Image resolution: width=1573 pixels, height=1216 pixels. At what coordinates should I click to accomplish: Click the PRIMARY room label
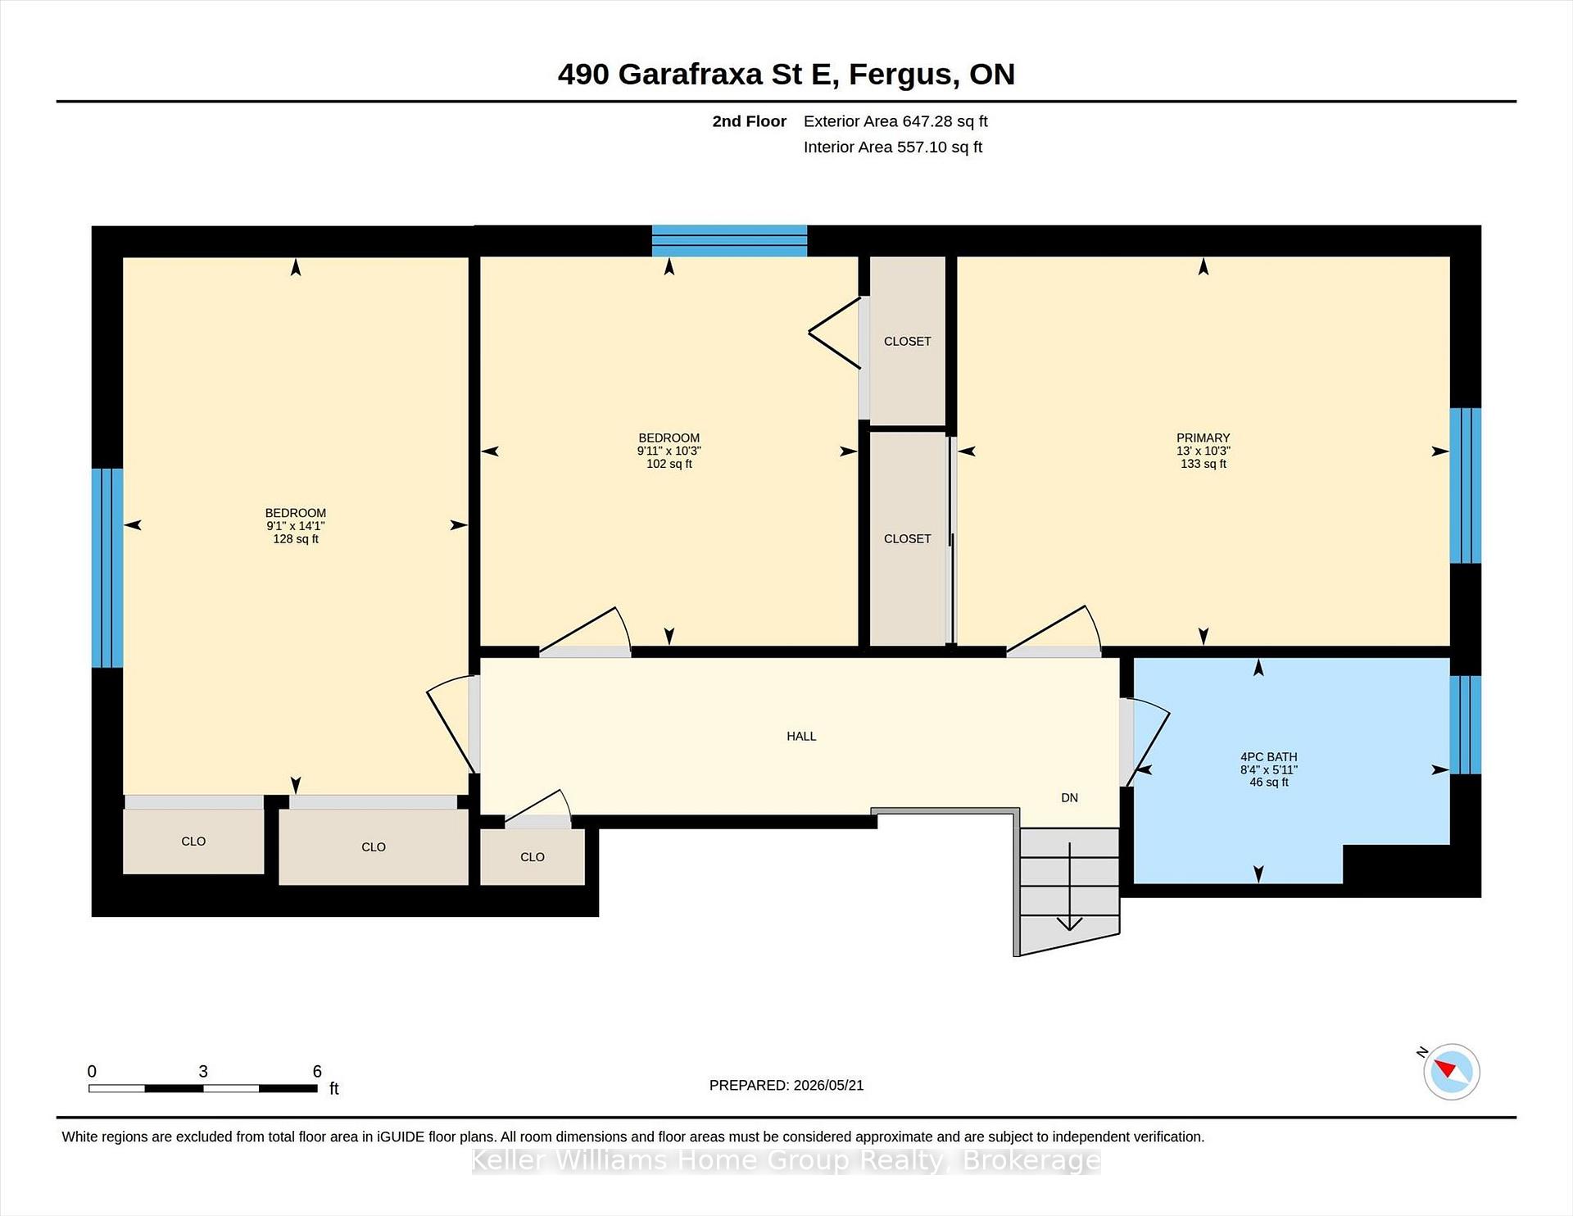(x=1203, y=438)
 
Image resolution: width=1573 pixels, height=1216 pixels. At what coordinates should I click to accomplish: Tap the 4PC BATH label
(x=1268, y=757)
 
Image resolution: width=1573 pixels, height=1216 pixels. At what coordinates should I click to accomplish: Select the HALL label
(x=801, y=736)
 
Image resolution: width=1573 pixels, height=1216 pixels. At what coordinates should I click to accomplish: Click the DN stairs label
(x=1069, y=797)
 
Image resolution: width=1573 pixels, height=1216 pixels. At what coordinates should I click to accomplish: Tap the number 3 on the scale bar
(x=203, y=1071)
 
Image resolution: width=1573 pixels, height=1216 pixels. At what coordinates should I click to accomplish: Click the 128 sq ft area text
(x=296, y=539)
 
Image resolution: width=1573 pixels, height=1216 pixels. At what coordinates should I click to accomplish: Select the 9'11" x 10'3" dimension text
(x=669, y=451)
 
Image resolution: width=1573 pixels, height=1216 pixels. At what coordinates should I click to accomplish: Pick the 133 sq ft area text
(x=1203, y=464)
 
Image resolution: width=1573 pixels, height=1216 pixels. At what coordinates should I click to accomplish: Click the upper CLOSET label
(x=907, y=342)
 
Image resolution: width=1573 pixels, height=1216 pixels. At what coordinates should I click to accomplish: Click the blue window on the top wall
(x=729, y=241)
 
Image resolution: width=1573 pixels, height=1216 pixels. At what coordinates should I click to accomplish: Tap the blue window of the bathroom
(x=1465, y=724)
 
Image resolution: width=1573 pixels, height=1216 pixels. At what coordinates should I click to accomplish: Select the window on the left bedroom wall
(x=107, y=568)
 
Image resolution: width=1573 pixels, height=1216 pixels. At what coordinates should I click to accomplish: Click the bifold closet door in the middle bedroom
(x=836, y=333)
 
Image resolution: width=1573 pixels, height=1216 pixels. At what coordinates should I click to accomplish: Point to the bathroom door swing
(x=1145, y=742)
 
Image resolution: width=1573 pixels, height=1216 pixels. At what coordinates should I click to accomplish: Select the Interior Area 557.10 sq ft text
(x=892, y=147)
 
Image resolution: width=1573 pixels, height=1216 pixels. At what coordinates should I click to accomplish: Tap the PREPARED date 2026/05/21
(x=828, y=1085)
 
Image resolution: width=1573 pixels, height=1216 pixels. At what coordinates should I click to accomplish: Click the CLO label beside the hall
(x=532, y=857)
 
